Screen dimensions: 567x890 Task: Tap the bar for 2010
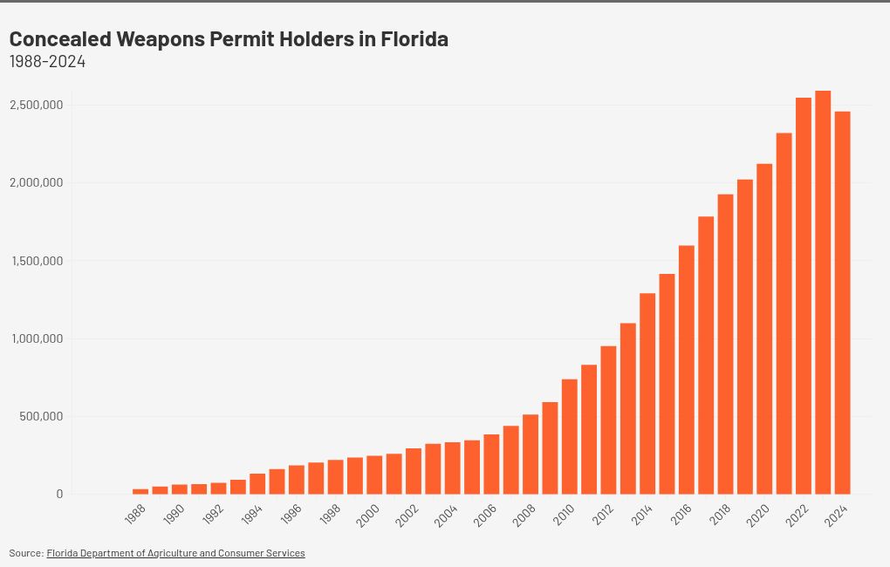pos(570,436)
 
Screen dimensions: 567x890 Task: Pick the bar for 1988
pos(140,491)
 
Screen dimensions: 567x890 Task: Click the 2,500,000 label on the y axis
pos(36,105)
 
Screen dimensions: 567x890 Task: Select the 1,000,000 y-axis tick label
pos(36,338)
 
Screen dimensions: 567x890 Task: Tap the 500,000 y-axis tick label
pos(42,416)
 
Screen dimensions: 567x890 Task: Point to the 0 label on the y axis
pos(59,494)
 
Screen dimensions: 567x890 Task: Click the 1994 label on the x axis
pos(251,515)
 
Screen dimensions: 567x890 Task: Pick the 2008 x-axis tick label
pos(524,515)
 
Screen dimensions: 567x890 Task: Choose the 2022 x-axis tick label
pos(798,515)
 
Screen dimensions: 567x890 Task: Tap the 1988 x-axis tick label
pos(134,515)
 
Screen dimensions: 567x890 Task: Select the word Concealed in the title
pos(59,39)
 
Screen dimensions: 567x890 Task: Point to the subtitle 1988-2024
pos(47,62)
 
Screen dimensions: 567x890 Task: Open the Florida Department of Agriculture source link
pos(175,553)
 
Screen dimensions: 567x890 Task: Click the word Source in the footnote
pos(25,553)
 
